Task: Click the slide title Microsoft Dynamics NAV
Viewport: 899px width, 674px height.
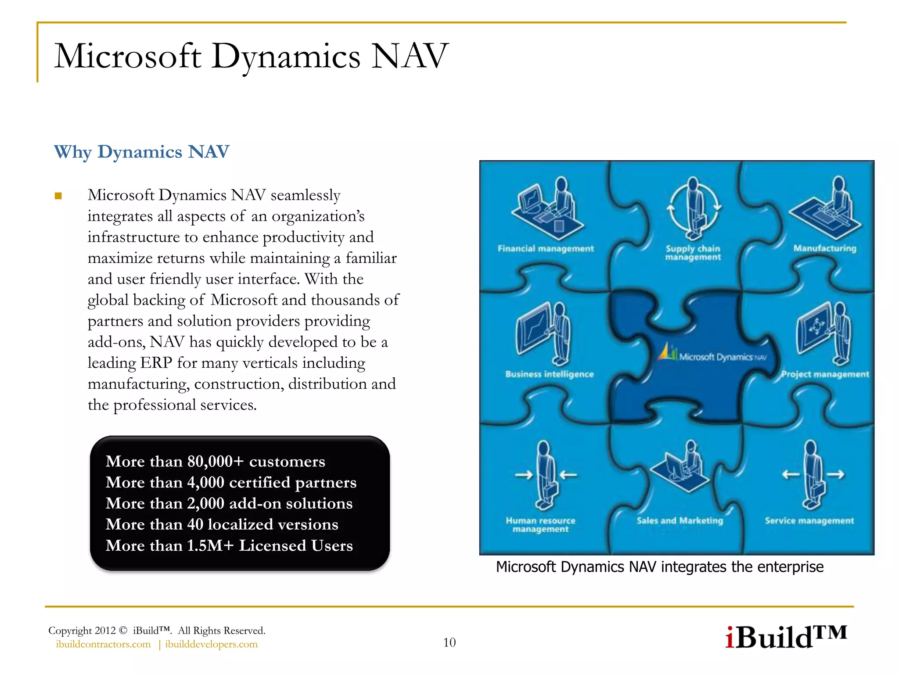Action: click(251, 57)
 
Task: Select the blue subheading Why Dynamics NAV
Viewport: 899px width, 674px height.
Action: click(141, 152)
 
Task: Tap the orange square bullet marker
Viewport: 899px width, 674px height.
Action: click(58, 196)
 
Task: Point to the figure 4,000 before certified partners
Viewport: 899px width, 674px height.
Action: click(205, 483)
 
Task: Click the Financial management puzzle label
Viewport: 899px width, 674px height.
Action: click(545, 249)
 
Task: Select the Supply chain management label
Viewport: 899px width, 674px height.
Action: click(693, 253)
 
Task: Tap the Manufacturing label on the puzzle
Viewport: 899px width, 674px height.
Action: click(824, 248)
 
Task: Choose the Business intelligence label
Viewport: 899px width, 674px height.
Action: click(549, 374)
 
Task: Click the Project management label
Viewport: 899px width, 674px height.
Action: click(825, 374)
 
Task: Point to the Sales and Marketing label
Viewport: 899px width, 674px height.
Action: click(680, 521)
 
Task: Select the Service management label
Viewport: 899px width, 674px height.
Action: click(809, 521)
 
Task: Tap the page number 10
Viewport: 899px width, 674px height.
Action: click(449, 643)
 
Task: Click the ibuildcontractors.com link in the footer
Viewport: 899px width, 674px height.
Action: click(103, 645)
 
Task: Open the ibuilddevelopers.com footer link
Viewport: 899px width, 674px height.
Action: click(211, 645)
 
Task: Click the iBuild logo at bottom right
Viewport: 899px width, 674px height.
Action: click(785, 637)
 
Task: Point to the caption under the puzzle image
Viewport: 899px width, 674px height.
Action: click(659, 567)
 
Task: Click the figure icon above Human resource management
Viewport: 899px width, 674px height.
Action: click(545, 476)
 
